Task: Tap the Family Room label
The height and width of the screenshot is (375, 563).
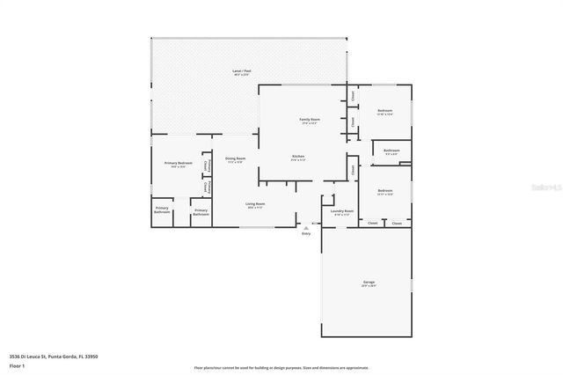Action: point(309,119)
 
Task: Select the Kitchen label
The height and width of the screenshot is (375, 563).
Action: point(298,157)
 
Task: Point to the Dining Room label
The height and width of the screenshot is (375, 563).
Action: point(236,158)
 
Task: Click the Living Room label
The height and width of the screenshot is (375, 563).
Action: point(255,203)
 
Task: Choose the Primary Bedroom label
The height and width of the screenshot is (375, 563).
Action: point(179,163)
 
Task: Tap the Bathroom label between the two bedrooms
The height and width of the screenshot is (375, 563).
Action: point(391,151)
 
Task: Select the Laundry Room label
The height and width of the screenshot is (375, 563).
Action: point(341,211)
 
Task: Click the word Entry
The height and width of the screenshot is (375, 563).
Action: point(306,233)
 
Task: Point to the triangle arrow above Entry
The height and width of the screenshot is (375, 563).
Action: point(306,227)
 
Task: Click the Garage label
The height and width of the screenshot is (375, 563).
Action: point(369,283)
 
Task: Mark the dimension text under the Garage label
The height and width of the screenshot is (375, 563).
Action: point(369,287)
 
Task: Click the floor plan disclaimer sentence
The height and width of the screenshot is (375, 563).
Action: point(281,367)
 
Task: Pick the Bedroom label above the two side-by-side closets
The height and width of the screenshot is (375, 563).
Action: point(385,190)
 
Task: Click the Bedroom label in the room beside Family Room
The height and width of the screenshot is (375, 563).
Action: point(384,111)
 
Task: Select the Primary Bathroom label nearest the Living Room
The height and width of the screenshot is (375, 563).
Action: point(201,211)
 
